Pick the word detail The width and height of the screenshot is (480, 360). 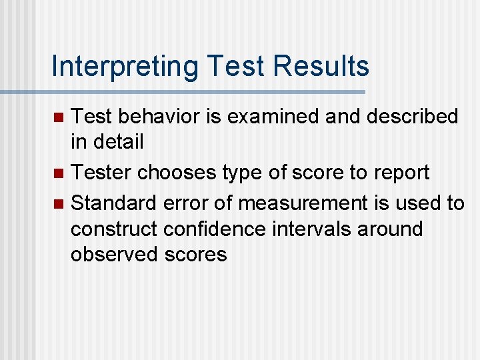[x=119, y=141]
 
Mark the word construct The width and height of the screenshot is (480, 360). [x=113, y=229]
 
